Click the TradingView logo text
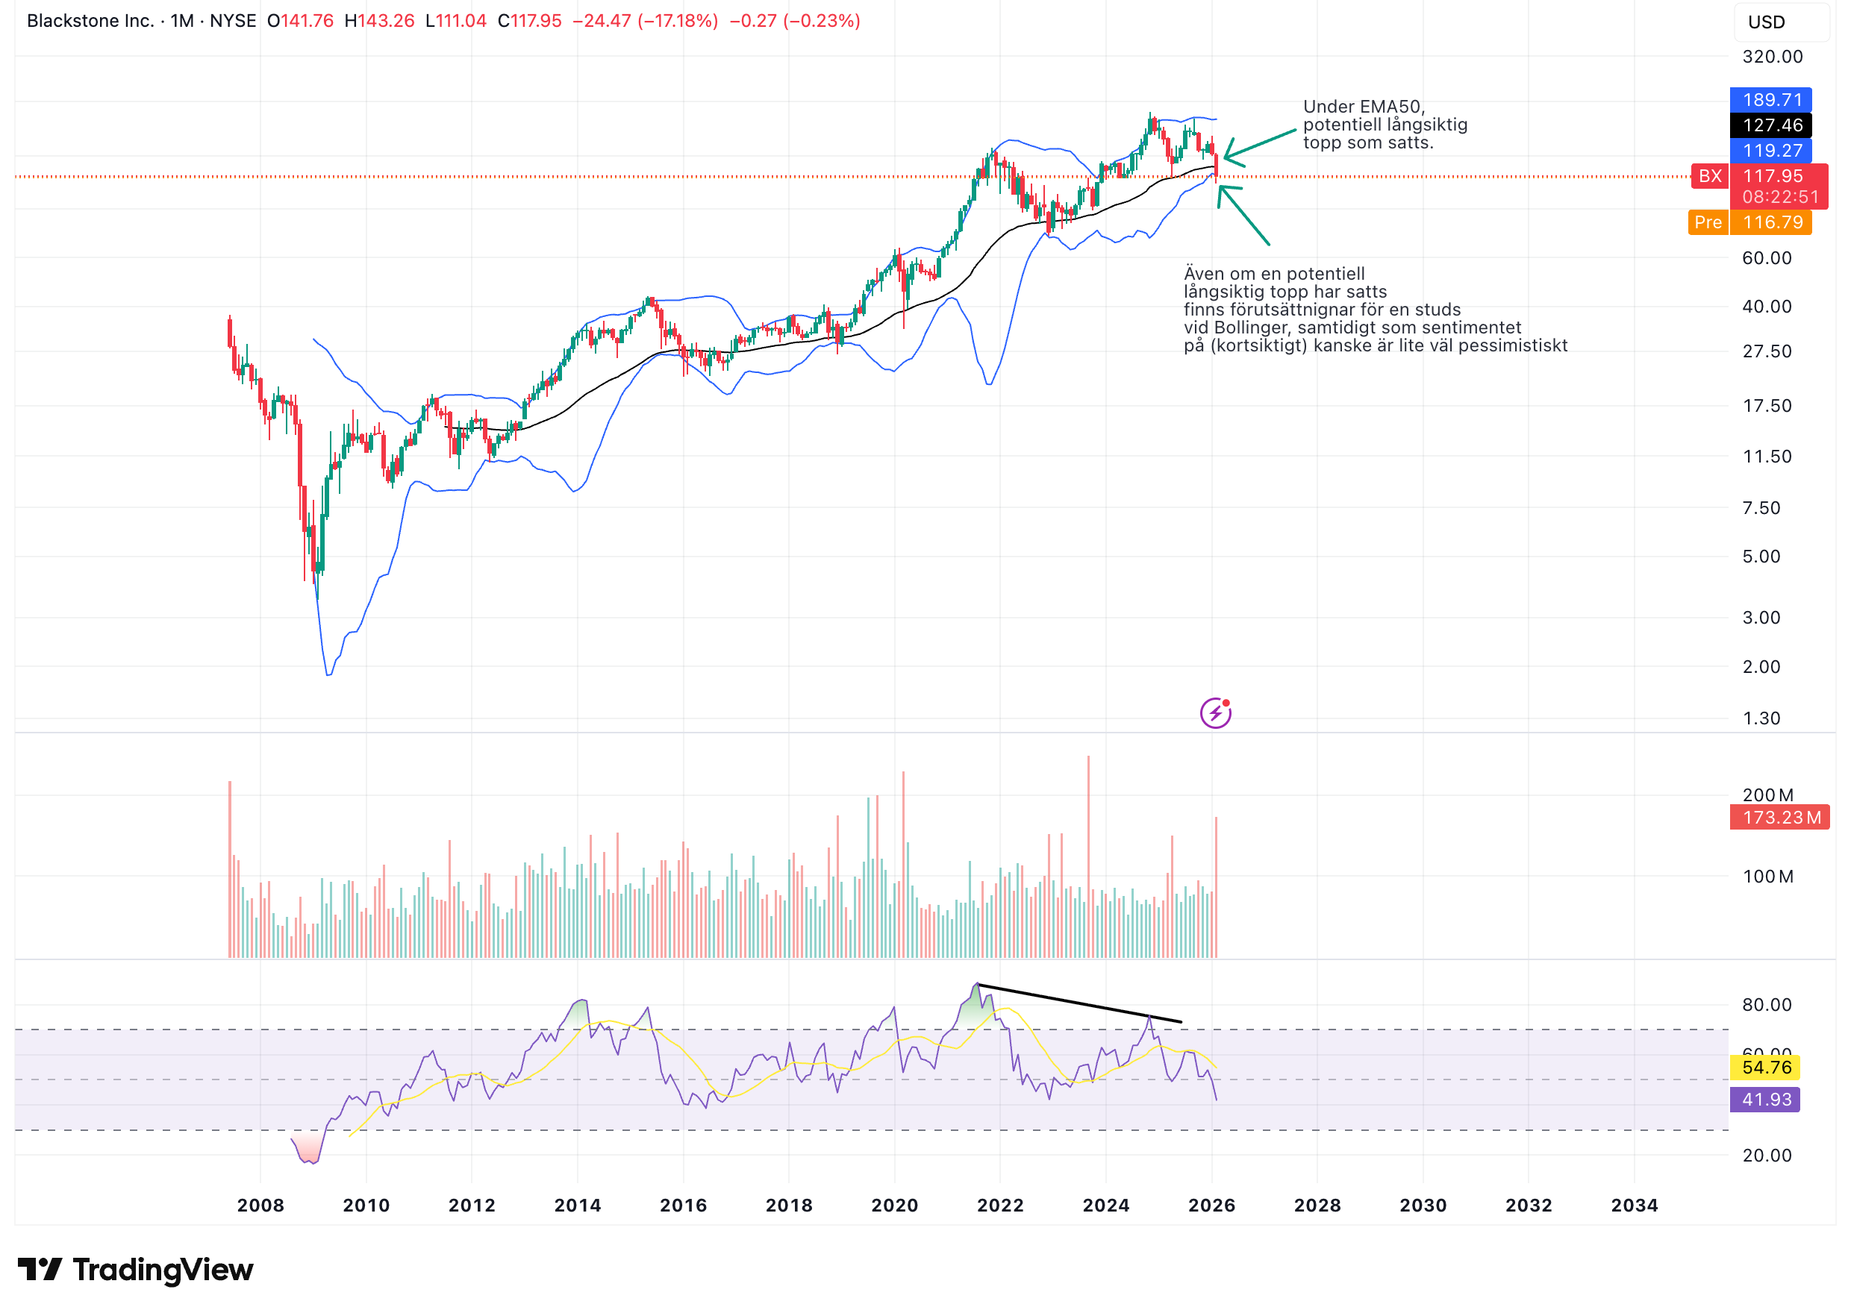click(162, 1270)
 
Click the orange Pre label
click(1707, 222)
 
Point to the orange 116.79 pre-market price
click(1772, 222)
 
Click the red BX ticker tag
click(1708, 176)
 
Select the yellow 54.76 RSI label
click(1765, 1068)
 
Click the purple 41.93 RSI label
click(1765, 1100)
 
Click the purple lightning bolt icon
click(1214, 713)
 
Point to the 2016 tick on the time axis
click(684, 1206)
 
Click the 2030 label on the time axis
click(1423, 1206)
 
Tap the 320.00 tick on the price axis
click(1772, 57)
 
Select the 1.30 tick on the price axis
click(1761, 718)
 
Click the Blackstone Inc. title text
click(90, 21)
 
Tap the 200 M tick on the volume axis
click(1767, 795)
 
